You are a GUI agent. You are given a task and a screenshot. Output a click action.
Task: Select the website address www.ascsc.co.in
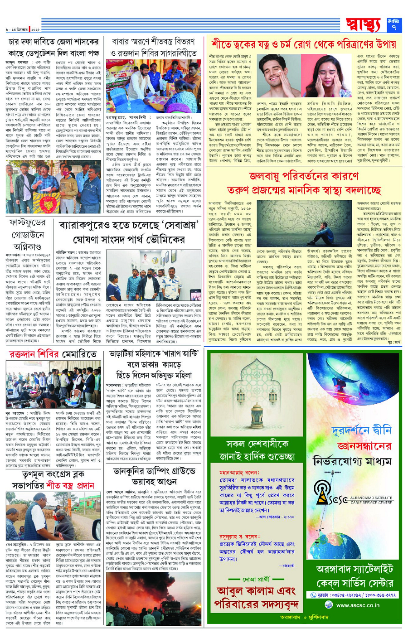pos(358,605)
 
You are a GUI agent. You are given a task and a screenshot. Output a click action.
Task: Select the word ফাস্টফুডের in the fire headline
pos(28,223)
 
